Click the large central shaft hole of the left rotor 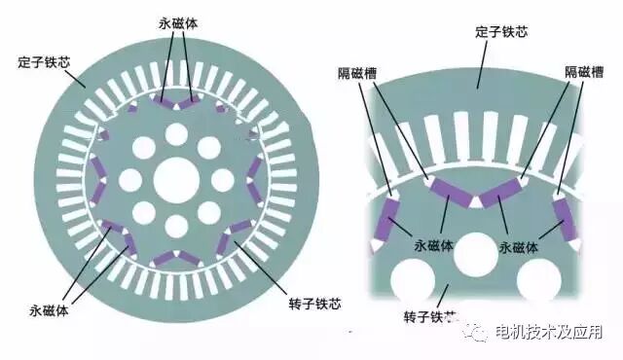click(x=176, y=180)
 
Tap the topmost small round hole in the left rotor click(x=176, y=133)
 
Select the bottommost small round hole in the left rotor click(x=176, y=227)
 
